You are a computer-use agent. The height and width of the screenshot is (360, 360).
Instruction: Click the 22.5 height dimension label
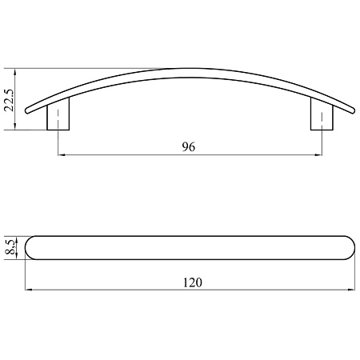click(x=9, y=100)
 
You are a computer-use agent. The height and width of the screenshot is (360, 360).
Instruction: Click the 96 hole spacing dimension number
click(x=189, y=146)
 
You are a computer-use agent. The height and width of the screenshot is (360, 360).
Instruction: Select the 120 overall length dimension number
click(x=193, y=282)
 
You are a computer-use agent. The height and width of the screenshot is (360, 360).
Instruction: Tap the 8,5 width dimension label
click(x=10, y=247)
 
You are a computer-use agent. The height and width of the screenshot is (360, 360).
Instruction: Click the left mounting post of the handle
click(x=58, y=114)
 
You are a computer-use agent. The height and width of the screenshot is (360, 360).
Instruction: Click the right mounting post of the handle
click(x=322, y=114)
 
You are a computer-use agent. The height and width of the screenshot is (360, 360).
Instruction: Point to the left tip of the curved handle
click(x=26, y=111)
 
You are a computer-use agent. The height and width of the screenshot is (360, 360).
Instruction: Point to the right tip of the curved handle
click(x=354, y=111)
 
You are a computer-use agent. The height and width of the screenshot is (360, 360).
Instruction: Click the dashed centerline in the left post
click(x=58, y=118)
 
